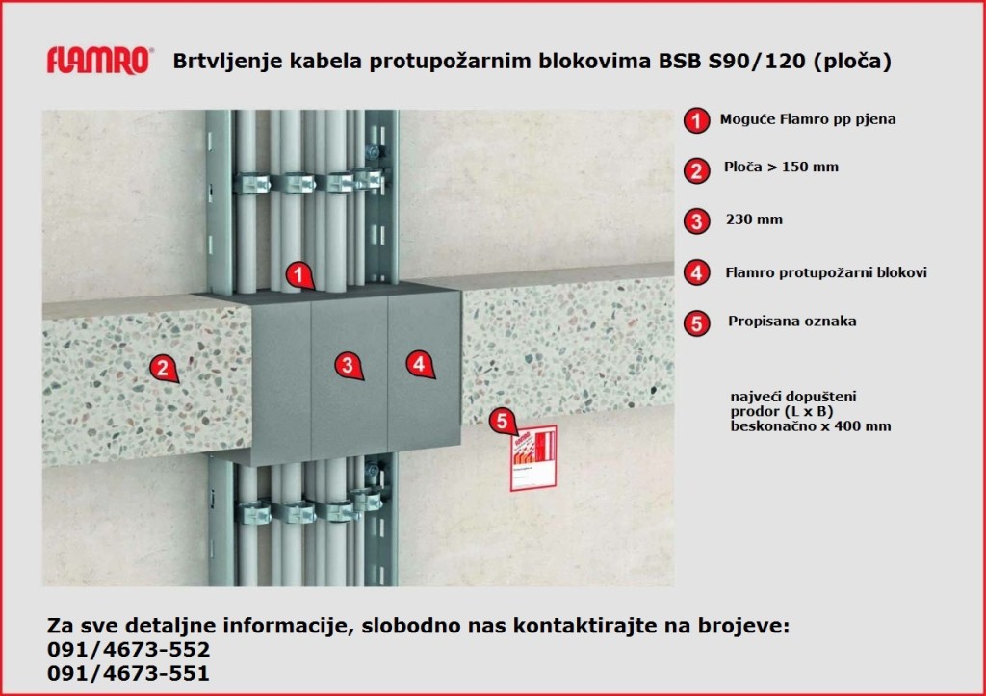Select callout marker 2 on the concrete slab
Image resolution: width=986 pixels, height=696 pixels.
click(x=165, y=367)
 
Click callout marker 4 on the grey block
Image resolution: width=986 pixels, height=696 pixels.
click(x=418, y=364)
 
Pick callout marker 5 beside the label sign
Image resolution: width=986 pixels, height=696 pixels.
click(x=501, y=420)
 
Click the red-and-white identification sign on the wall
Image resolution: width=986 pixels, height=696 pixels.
click(x=533, y=457)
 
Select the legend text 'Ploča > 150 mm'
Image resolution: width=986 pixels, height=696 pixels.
click(x=781, y=168)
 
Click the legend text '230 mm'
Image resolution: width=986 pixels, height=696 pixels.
click(x=754, y=220)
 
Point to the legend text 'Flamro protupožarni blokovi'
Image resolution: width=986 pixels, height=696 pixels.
click(x=825, y=273)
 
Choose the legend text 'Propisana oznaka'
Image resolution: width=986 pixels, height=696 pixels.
click(x=779, y=322)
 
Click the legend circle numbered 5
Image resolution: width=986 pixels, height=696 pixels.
click(x=695, y=323)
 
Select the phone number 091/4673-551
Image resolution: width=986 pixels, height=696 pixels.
click(x=128, y=674)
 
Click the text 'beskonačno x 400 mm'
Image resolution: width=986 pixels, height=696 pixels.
click(x=811, y=425)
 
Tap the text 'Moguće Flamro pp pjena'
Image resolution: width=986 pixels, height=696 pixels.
click(x=808, y=120)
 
